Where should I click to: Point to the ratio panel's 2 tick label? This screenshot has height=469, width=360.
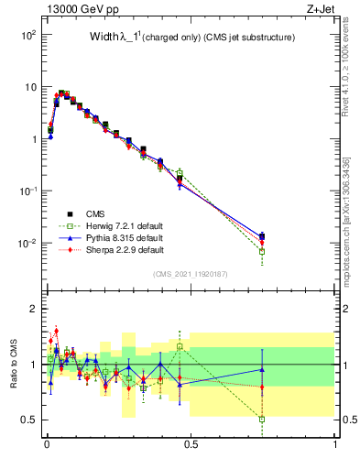point(31,309)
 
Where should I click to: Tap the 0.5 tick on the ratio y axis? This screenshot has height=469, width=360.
point(27,420)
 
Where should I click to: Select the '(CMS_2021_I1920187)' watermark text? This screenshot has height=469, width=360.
point(191,273)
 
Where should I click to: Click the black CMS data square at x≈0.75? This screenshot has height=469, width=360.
point(262,237)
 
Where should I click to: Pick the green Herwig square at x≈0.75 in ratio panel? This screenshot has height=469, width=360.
point(262,419)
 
